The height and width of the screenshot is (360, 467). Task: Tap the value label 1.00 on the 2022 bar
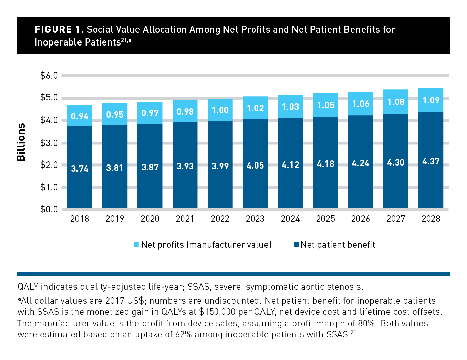pyautogui.click(x=220, y=110)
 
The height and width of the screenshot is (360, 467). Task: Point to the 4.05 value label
pyautogui.click(x=255, y=166)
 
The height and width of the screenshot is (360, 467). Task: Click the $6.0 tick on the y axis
pyautogui.click(x=49, y=76)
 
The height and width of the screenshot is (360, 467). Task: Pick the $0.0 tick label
pyautogui.click(x=49, y=209)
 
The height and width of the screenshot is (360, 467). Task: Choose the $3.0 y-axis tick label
pyautogui.click(x=49, y=143)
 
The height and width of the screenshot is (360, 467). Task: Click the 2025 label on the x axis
pyautogui.click(x=325, y=219)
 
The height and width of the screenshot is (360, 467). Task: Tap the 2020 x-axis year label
pyautogui.click(x=150, y=219)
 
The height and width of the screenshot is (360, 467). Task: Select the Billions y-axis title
pyautogui.click(x=21, y=142)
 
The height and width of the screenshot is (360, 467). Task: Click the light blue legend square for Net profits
pyautogui.click(x=136, y=244)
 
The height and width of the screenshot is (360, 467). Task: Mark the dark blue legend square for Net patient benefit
pyautogui.click(x=296, y=244)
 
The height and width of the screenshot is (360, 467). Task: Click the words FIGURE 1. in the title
pyautogui.click(x=59, y=30)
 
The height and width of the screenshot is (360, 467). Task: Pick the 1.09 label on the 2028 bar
pyautogui.click(x=431, y=100)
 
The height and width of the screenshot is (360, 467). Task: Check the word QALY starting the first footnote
pyautogui.click(x=28, y=287)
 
